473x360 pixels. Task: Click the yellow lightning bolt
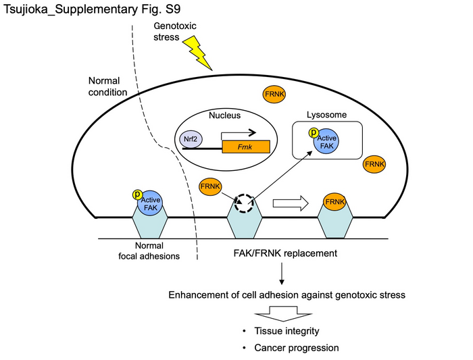click(199, 54)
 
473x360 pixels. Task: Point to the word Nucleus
click(225, 115)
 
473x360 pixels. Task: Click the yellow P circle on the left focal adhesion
click(137, 195)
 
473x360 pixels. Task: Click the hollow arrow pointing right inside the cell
click(289, 202)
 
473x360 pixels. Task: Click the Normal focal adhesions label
click(153, 251)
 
